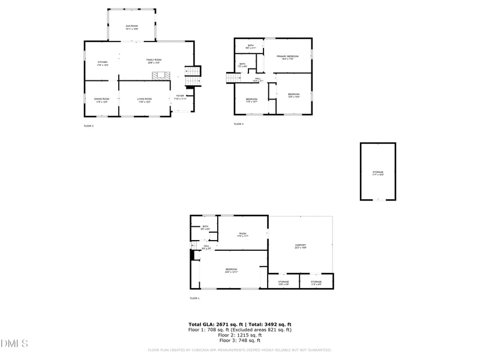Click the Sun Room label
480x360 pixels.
tap(131, 27)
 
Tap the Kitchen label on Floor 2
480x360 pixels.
tap(103, 62)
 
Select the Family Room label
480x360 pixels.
tap(154, 61)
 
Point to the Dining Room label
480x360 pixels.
tap(101, 100)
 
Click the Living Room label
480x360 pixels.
tap(145, 100)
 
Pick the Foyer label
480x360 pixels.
tap(180, 97)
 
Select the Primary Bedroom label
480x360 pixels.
tap(287, 57)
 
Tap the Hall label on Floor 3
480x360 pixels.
tap(257, 79)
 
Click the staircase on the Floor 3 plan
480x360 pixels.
tap(233, 78)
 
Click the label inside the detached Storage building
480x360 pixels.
tap(377, 173)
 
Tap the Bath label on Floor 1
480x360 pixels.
tap(205, 227)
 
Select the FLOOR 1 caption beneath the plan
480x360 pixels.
tap(194, 298)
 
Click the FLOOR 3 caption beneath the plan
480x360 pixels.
tap(238, 124)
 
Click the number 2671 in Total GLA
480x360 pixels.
tap(220, 324)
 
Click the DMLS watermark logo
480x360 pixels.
tap(14, 344)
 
